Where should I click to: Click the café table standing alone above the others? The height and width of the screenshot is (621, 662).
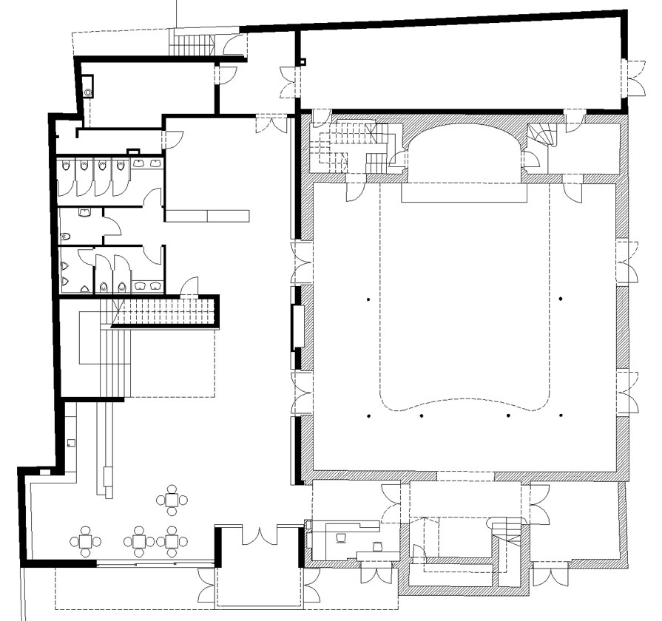click(x=172, y=500)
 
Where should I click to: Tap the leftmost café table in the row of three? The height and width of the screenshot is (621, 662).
click(x=86, y=541)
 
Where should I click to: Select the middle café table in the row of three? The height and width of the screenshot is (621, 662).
click(x=138, y=541)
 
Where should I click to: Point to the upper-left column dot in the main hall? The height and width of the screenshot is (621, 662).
click(x=367, y=299)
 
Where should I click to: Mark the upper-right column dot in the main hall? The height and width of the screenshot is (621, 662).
click(x=561, y=299)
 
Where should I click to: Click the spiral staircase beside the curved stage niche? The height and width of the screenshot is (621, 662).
click(x=544, y=136)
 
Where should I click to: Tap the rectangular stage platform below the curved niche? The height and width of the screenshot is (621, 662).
click(x=464, y=193)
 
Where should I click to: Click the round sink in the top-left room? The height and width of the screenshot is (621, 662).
click(x=89, y=92)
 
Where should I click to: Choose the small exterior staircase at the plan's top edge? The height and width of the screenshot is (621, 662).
click(x=191, y=44)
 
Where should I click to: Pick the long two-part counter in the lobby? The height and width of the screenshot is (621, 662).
click(x=207, y=215)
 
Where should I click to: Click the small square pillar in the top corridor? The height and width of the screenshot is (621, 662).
click(x=303, y=62)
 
